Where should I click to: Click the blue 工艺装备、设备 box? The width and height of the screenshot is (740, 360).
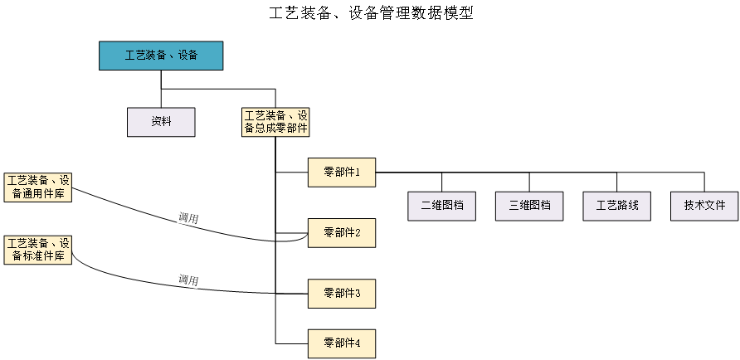coord(161,56)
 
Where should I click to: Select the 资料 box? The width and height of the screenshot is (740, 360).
coord(161,122)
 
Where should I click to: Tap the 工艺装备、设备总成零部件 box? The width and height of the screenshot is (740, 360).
coord(275,122)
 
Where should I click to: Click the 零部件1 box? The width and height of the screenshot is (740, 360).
coord(342,173)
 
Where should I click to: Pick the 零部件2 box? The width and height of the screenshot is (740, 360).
coord(342,233)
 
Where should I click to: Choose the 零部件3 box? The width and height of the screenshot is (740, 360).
coord(342,294)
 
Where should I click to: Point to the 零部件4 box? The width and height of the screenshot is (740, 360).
coord(342,343)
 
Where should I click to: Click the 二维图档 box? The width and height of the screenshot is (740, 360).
coord(441,206)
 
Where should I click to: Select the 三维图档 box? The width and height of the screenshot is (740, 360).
coord(529,206)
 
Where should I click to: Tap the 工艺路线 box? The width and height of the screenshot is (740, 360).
coord(617,206)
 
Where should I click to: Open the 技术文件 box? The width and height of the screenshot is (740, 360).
coord(704,206)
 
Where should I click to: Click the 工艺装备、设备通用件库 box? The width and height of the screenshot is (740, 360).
coord(38,187)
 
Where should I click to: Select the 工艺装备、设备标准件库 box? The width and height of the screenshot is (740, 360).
coord(38,250)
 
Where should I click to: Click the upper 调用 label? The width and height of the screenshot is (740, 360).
coord(188,219)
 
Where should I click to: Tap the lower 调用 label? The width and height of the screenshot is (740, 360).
coord(188,280)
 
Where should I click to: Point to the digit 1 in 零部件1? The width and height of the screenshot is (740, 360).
coord(358,173)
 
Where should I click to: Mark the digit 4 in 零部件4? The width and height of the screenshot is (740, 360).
coord(358,343)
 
